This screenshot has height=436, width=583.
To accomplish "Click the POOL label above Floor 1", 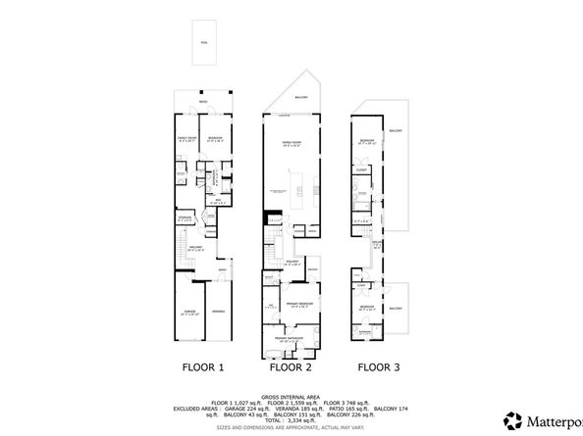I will click(204, 43).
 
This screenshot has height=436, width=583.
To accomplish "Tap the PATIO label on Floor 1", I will click(204, 102).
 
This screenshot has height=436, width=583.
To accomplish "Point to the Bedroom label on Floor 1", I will click(215, 138).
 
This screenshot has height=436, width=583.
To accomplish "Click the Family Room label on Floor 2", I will click(291, 142).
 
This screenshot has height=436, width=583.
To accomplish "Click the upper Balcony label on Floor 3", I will click(396, 130).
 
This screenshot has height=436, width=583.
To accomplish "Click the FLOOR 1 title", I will click(204, 368).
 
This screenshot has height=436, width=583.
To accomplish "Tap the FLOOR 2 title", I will click(291, 368).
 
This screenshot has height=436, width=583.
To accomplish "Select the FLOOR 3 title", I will click(379, 368).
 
